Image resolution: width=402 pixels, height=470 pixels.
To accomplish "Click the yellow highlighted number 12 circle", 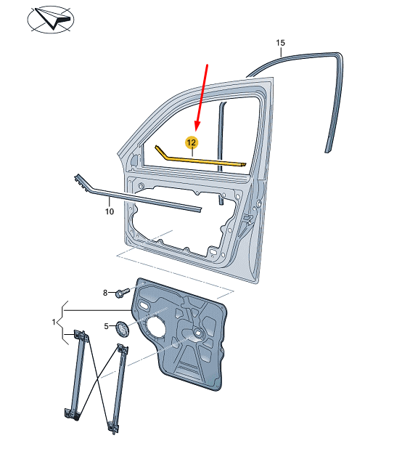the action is click(192, 142).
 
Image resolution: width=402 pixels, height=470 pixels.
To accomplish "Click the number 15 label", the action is click(281, 43).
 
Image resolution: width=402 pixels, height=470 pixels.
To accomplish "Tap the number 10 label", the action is click(110, 211).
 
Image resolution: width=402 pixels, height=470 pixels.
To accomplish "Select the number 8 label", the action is click(105, 293).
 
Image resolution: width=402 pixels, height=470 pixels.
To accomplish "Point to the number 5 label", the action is click(106, 326).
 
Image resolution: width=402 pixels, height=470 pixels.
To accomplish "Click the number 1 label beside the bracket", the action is click(54, 322).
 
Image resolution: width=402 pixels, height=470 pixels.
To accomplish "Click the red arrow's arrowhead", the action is click(197, 125).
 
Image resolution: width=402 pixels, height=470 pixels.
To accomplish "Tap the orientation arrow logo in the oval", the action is click(51, 19).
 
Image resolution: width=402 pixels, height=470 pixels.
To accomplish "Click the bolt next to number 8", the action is click(123, 292).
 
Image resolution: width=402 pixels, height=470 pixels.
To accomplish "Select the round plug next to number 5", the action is click(122, 329).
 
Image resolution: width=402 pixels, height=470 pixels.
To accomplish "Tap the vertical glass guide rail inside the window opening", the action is click(222, 150).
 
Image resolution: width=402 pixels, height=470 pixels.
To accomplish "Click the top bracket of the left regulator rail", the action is click(81, 336).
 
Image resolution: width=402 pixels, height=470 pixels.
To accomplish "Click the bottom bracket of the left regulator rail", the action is click(72, 414).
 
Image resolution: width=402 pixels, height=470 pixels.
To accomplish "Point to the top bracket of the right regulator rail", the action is click(123, 350).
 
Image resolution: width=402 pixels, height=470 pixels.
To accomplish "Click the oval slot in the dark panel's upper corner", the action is click(144, 306).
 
